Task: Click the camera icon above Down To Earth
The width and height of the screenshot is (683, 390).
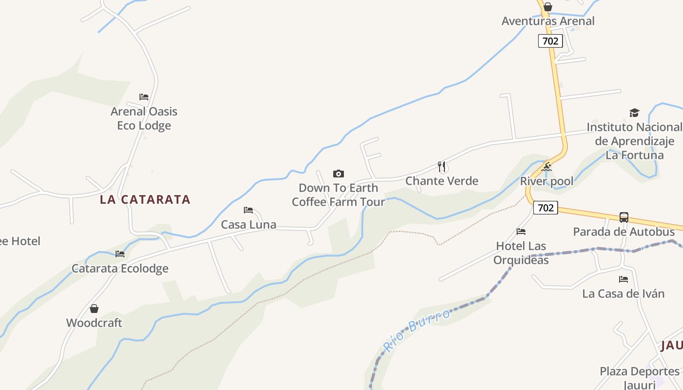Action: (x=339, y=174)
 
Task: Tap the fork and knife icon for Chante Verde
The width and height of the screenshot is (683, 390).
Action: (x=442, y=167)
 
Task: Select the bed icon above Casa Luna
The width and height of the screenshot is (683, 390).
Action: (x=248, y=210)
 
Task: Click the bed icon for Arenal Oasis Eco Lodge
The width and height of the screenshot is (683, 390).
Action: (x=144, y=97)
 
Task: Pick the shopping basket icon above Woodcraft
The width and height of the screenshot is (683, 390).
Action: (x=94, y=309)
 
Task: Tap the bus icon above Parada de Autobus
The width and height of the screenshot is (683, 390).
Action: (x=624, y=217)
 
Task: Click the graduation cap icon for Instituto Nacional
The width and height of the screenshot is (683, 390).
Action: (x=634, y=113)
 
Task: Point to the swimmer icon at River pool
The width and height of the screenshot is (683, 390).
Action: (x=546, y=167)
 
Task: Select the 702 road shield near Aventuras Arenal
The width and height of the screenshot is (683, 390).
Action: (x=550, y=41)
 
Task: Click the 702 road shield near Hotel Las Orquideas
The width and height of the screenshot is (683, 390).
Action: (x=545, y=208)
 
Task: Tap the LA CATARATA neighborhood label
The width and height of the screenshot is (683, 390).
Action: (x=145, y=199)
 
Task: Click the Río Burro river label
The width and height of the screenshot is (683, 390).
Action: (x=417, y=330)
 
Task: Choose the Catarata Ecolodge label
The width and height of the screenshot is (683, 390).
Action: (x=120, y=269)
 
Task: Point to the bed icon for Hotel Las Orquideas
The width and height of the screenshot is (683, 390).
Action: (x=521, y=232)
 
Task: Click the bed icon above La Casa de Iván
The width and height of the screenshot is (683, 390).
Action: (x=623, y=279)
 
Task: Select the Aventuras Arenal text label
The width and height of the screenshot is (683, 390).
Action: (x=548, y=21)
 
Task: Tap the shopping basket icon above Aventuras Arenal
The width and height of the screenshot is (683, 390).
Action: (x=548, y=7)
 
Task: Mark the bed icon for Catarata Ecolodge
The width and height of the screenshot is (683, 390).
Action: (x=120, y=254)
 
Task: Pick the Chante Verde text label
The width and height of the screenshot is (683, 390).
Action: (x=442, y=181)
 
